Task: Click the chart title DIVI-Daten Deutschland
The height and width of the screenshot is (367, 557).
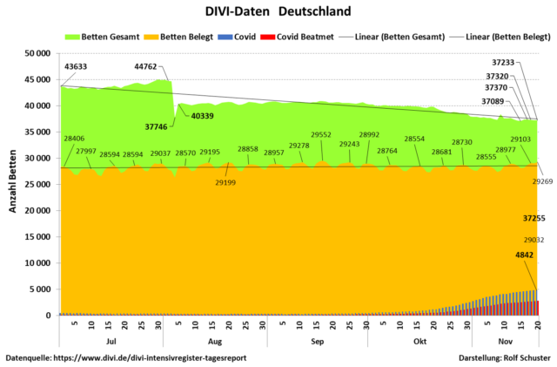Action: click(x=278, y=12)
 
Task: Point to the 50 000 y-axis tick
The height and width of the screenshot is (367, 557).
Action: click(x=38, y=53)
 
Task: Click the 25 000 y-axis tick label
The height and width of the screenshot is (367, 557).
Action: click(x=38, y=185)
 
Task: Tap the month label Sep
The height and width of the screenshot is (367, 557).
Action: click(x=317, y=343)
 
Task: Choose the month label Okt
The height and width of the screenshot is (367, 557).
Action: click(x=420, y=343)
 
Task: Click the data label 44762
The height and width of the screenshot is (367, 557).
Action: click(x=146, y=65)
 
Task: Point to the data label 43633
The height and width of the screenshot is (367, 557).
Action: click(x=76, y=67)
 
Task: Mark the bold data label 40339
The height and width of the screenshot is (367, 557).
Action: click(x=203, y=116)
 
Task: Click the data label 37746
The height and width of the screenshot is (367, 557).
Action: click(x=156, y=126)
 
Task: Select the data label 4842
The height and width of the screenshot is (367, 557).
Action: click(x=525, y=255)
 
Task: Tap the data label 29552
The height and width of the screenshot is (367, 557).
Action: click(x=321, y=135)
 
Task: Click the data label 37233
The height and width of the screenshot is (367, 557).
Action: click(x=503, y=62)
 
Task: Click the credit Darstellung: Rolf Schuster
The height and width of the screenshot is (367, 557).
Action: click(x=503, y=357)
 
